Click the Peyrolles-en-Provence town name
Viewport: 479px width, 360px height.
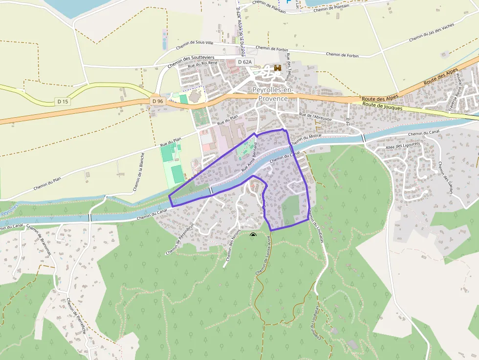273,94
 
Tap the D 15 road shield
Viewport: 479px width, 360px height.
62,102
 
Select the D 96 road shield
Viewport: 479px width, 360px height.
157,101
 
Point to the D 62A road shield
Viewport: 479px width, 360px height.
245,62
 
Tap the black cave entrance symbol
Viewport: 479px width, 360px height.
253,235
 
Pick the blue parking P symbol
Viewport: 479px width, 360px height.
288,2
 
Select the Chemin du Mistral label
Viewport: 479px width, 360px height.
307,140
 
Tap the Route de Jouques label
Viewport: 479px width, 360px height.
383,106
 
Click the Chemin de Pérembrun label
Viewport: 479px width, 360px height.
180,239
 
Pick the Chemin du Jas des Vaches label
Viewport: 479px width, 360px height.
432,32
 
